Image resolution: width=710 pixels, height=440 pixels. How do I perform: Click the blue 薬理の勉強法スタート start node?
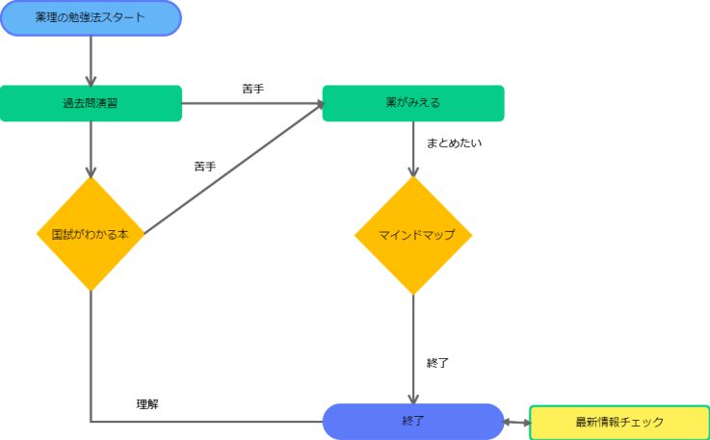pyautogui.click(x=91, y=18)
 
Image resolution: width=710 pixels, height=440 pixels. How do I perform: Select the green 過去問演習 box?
pyautogui.click(x=91, y=103)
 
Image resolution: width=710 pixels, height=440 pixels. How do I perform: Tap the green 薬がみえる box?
pyautogui.click(x=412, y=103)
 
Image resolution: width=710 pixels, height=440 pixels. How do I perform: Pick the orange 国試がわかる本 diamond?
pyautogui.click(x=90, y=234)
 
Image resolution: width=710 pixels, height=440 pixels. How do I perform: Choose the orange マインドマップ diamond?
pyautogui.click(x=412, y=235)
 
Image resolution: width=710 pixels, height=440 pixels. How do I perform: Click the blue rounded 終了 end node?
pyautogui.click(x=412, y=421)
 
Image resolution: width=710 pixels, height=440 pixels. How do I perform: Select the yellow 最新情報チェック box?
pyautogui.click(x=619, y=422)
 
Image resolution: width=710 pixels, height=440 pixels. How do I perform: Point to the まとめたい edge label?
pyautogui.click(x=454, y=143)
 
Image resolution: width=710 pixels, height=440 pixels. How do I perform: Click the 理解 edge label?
pyautogui.click(x=147, y=404)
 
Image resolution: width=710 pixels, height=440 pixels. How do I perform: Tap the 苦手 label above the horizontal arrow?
pyautogui.click(x=253, y=89)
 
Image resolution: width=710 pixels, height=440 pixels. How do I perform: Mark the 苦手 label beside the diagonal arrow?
pyautogui.click(x=204, y=167)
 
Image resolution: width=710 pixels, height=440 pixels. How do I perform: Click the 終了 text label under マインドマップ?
pyautogui.click(x=437, y=363)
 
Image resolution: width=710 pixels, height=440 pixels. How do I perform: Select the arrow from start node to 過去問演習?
pyautogui.click(x=91, y=60)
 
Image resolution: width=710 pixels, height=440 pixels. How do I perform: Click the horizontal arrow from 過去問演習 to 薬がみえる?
pyautogui.click(x=251, y=103)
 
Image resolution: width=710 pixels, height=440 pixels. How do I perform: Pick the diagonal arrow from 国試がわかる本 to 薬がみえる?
pyautogui.click(x=231, y=168)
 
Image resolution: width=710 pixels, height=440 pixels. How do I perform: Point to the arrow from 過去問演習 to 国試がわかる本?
pyautogui.click(x=91, y=149)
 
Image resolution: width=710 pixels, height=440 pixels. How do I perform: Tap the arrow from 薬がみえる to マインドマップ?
pyautogui.click(x=413, y=148)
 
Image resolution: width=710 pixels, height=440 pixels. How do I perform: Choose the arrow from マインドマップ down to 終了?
pyautogui.click(x=413, y=347)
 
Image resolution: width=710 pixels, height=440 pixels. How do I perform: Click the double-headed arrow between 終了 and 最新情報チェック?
pyautogui.click(x=517, y=422)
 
